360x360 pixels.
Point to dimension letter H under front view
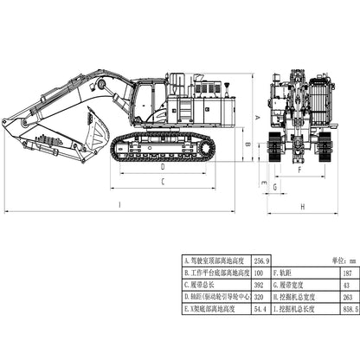(x=303, y=206)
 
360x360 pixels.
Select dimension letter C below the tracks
(x=163, y=182)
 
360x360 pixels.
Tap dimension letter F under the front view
(x=299, y=170)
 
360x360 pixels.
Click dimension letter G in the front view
(x=274, y=186)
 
